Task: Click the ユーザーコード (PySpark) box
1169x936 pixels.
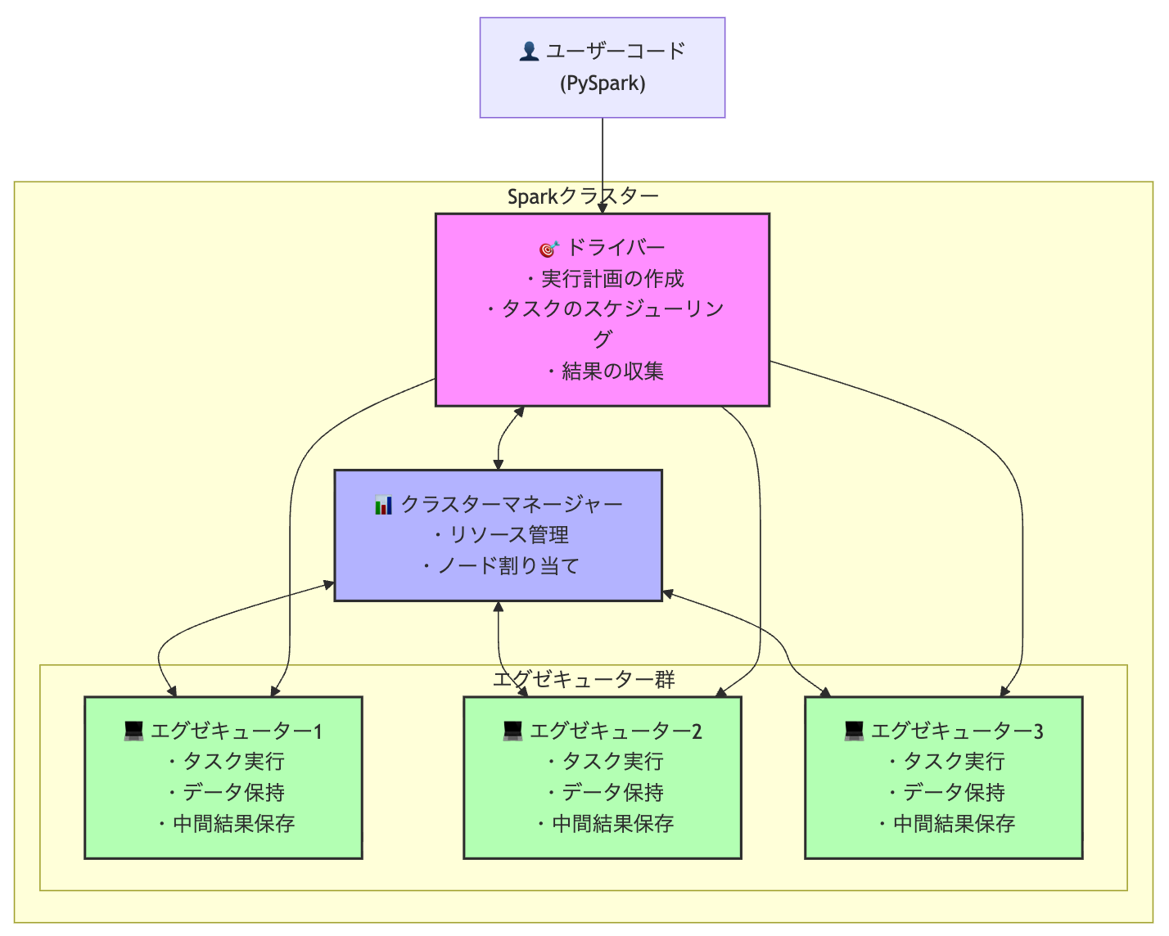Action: (602, 67)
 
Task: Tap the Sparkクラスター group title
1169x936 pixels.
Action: (583, 196)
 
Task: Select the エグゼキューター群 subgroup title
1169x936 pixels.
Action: (583, 679)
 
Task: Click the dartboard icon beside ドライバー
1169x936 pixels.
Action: (548, 248)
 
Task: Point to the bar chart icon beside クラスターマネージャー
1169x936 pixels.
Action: (383, 505)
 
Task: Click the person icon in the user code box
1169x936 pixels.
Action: (529, 52)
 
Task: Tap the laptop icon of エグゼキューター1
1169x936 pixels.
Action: (133, 731)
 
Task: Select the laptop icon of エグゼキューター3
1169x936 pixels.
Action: (854, 731)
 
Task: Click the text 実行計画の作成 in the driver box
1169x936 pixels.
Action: (612, 279)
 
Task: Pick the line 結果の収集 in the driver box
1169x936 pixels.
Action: (612, 371)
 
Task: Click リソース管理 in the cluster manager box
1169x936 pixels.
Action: (508, 535)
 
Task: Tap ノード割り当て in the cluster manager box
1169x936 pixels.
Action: (508, 566)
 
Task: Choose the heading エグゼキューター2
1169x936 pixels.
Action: (615, 731)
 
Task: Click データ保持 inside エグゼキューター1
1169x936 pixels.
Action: (233, 793)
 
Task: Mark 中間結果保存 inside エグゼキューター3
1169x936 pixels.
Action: (954, 824)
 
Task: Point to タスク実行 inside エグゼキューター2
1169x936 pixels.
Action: (612, 762)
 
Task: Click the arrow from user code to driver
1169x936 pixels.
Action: (603, 164)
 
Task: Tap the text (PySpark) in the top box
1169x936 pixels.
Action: (603, 83)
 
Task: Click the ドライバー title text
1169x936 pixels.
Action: (616, 248)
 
